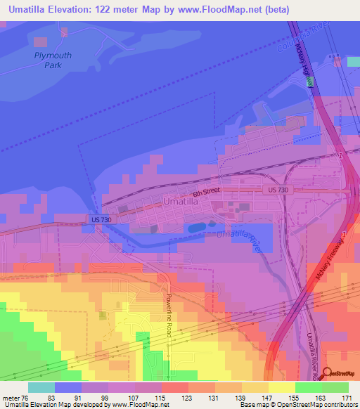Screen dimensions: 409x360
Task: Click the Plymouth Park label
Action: (49, 60)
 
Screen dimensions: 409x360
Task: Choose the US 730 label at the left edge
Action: (100, 220)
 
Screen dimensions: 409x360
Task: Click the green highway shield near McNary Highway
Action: (308, 82)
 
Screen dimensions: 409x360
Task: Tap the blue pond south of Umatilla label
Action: (197, 227)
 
